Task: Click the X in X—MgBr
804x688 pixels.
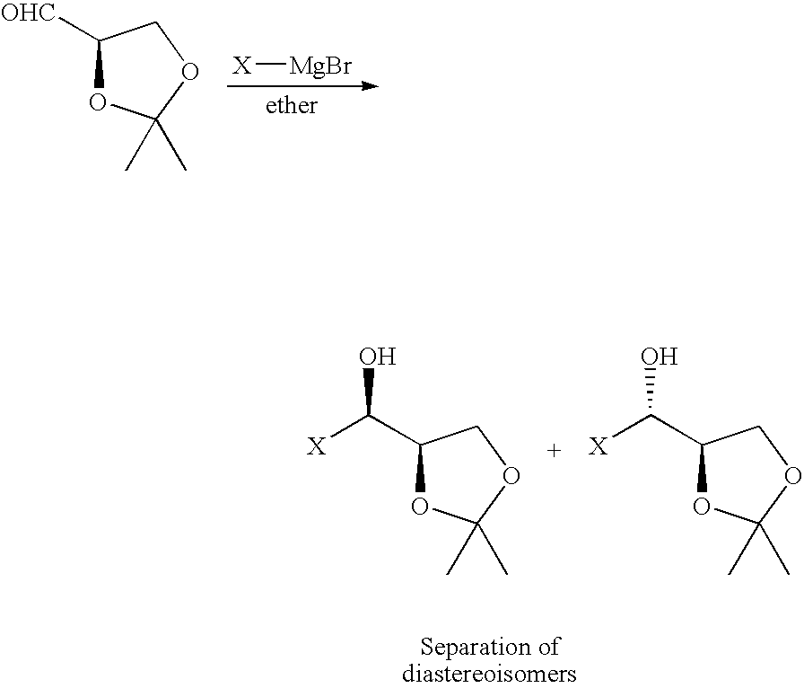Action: click(x=242, y=66)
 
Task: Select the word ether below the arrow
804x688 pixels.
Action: click(x=292, y=106)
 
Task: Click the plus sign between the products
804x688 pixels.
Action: click(x=554, y=451)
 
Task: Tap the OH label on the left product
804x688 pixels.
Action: click(x=377, y=357)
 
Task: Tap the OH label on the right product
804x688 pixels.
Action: click(x=660, y=357)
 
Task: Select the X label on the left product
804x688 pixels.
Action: click(x=317, y=446)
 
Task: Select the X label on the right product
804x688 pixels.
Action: click(x=599, y=446)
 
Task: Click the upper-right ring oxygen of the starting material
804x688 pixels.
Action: click(x=188, y=70)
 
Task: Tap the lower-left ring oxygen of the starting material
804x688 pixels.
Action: click(x=97, y=103)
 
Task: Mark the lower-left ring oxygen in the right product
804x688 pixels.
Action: click(x=702, y=507)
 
